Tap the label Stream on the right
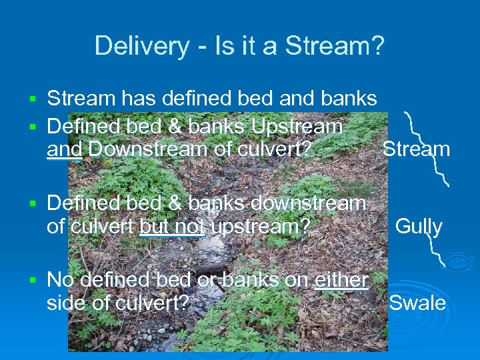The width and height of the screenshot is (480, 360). tap(416, 149)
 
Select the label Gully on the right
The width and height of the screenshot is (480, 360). tap(419, 227)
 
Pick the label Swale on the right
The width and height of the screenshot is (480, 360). tap(417, 303)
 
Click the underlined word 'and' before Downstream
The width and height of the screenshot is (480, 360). tap(64, 149)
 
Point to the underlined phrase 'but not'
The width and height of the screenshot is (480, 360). tap(172, 227)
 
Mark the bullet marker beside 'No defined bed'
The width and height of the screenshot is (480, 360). tap(31, 280)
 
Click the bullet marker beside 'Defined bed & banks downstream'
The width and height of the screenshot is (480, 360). tap(31, 203)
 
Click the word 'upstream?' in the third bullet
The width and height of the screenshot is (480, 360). tap(260, 227)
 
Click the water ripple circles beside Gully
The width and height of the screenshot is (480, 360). tap(461, 261)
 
